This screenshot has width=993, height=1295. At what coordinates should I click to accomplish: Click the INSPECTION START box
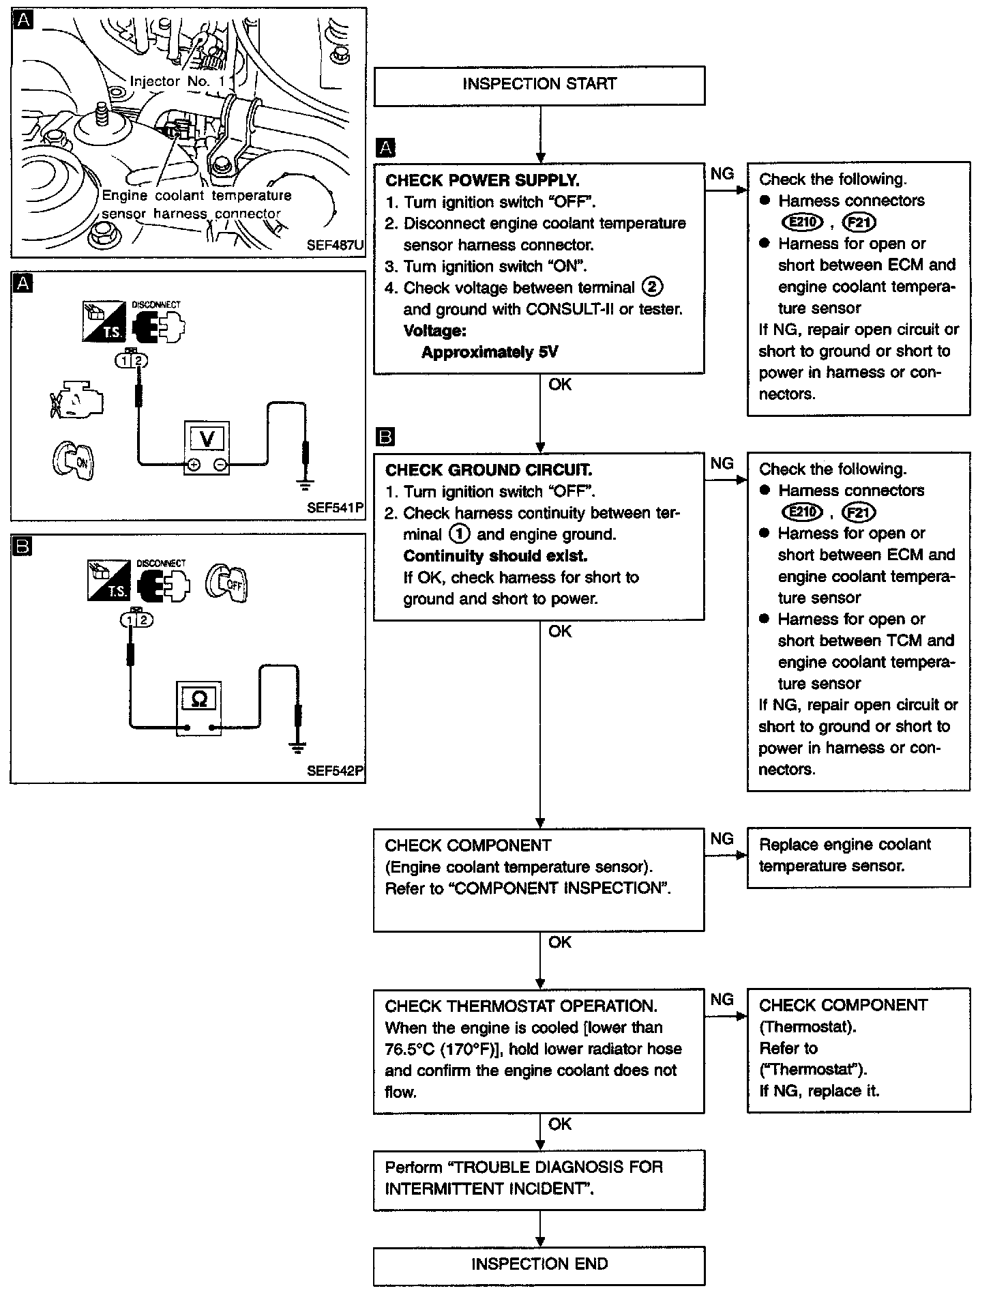pyautogui.click(x=539, y=85)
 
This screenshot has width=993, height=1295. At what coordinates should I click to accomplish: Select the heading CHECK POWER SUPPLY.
pyautogui.click(x=482, y=181)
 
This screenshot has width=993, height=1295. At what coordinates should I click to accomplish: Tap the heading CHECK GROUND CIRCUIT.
pyautogui.click(x=488, y=470)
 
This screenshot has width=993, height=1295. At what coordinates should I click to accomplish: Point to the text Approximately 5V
pyautogui.click(x=489, y=353)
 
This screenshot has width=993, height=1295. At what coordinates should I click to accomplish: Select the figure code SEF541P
pyautogui.click(x=335, y=508)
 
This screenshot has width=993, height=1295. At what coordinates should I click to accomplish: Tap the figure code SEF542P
pyautogui.click(x=335, y=771)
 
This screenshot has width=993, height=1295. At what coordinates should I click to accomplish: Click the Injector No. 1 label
pyautogui.click(x=177, y=81)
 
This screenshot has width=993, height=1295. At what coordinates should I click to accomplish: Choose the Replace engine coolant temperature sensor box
pyautogui.click(x=858, y=856)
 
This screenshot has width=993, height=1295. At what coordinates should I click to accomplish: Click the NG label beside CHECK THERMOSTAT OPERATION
pyautogui.click(x=722, y=1000)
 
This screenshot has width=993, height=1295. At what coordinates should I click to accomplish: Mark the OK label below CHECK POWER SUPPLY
pyautogui.click(x=559, y=385)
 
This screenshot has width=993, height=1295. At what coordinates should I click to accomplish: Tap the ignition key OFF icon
pyautogui.click(x=228, y=583)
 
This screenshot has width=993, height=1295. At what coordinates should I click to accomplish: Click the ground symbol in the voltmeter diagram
pyautogui.click(x=304, y=485)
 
